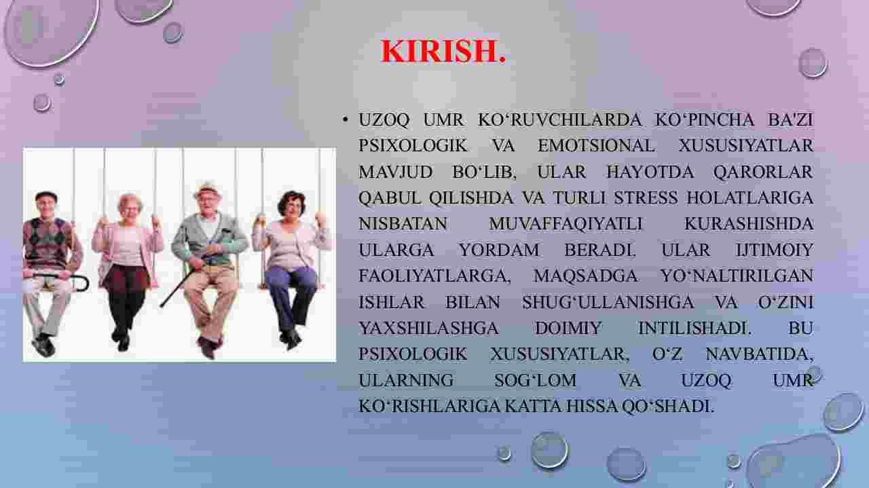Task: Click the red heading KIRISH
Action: pyautogui.click(x=443, y=51)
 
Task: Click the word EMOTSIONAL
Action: pyautogui.click(x=596, y=146)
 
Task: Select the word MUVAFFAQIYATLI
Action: pyautogui.click(x=566, y=224)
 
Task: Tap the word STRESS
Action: pyautogui.click(x=646, y=198)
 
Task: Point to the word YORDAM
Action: pyautogui.click(x=499, y=250)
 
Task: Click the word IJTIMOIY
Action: pyautogui.click(x=775, y=250)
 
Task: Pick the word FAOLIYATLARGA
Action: pyautogui.click(x=434, y=276)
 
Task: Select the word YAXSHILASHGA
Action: pyautogui.click(x=428, y=329)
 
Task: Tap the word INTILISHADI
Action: pyautogui.click(x=695, y=329)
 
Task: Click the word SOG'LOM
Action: pyautogui.click(x=535, y=381)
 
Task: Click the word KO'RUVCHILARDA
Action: pyautogui.click(x=559, y=120)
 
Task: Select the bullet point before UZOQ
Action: pyautogui.click(x=345, y=120)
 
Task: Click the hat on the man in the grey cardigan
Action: pyautogui.click(x=208, y=189)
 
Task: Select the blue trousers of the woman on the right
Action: pyautogui.click(x=295, y=295)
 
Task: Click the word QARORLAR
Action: pyautogui.click(x=763, y=172)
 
